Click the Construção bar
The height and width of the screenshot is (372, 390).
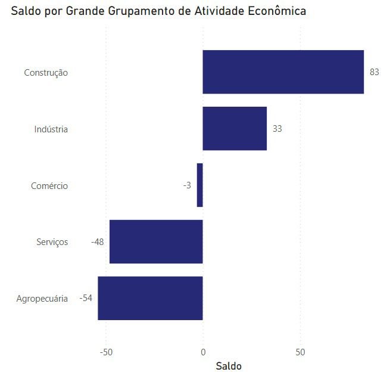[x=283, y=72]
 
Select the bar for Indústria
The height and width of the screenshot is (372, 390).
[x=235, y=129]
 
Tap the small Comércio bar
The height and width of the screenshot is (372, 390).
[x=200, y=185]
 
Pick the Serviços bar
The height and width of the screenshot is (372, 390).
[x=156, y=242]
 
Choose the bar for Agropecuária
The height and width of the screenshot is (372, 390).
[x=150, y=298]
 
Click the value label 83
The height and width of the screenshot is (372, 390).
[x=375, y=72]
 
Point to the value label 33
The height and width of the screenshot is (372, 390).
[x=277, y=129]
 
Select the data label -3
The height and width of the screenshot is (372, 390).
[x=187, y=185]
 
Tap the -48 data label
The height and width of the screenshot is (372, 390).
[x=98, y=242]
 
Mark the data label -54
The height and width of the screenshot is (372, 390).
[x=86, y=298]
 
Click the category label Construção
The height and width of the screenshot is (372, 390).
[x=46, y=73]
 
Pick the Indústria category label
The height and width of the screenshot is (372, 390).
[x=51, y=129]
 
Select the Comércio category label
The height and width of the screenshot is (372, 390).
[x=49, y=186]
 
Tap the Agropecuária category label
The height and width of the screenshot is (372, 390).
[x=42, y=299]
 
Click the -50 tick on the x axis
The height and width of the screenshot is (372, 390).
[x=105, y=352]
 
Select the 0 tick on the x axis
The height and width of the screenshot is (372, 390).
[x=203, y=352]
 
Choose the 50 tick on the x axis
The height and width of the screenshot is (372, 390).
[x=301, y=352]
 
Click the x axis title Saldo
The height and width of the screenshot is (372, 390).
[x=229, y=365]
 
